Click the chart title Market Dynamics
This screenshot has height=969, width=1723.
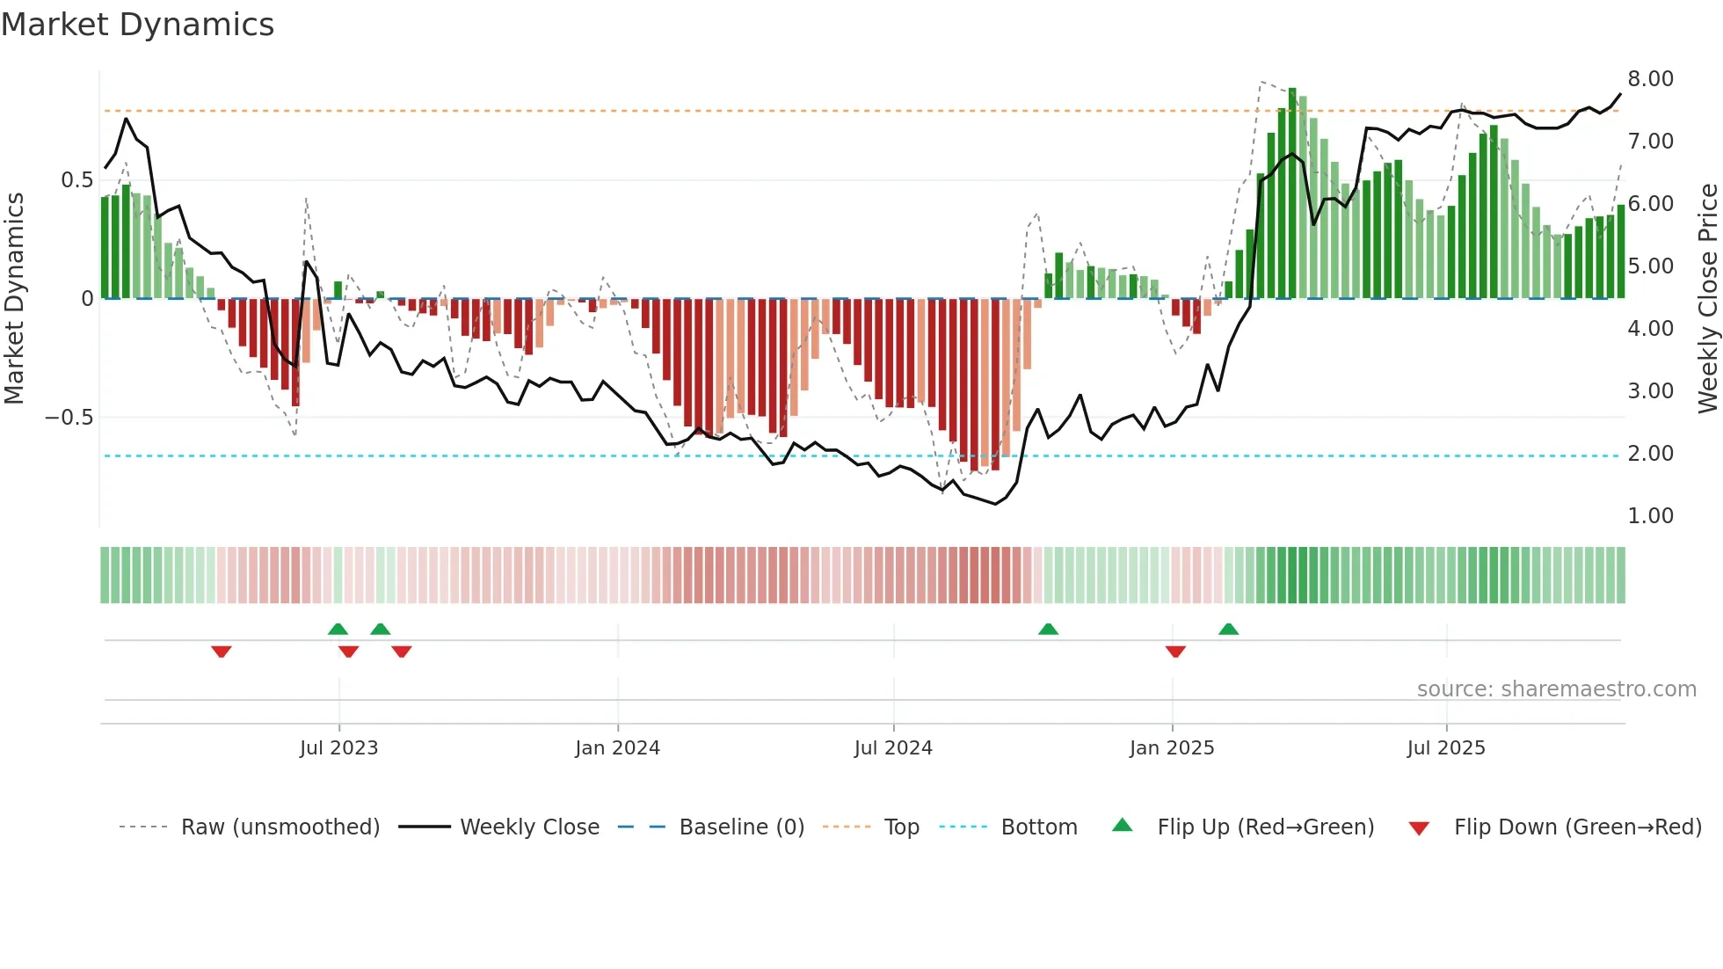138,25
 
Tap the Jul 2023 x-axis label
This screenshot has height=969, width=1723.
338,748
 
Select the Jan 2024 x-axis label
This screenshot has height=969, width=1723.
617,748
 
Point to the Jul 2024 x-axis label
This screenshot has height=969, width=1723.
893,748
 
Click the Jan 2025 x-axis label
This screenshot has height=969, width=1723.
1172,748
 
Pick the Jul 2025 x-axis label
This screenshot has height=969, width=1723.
1446,748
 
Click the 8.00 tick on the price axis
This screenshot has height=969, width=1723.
1650,79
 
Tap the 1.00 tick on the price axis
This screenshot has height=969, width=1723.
1650,516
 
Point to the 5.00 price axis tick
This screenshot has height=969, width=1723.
1650,266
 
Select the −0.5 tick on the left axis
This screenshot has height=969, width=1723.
69,418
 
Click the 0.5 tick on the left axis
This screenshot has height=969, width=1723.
76,180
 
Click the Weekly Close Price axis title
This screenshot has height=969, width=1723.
1707,298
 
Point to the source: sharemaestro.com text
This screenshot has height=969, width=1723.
1556,689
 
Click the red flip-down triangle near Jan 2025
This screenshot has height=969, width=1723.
1175,652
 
